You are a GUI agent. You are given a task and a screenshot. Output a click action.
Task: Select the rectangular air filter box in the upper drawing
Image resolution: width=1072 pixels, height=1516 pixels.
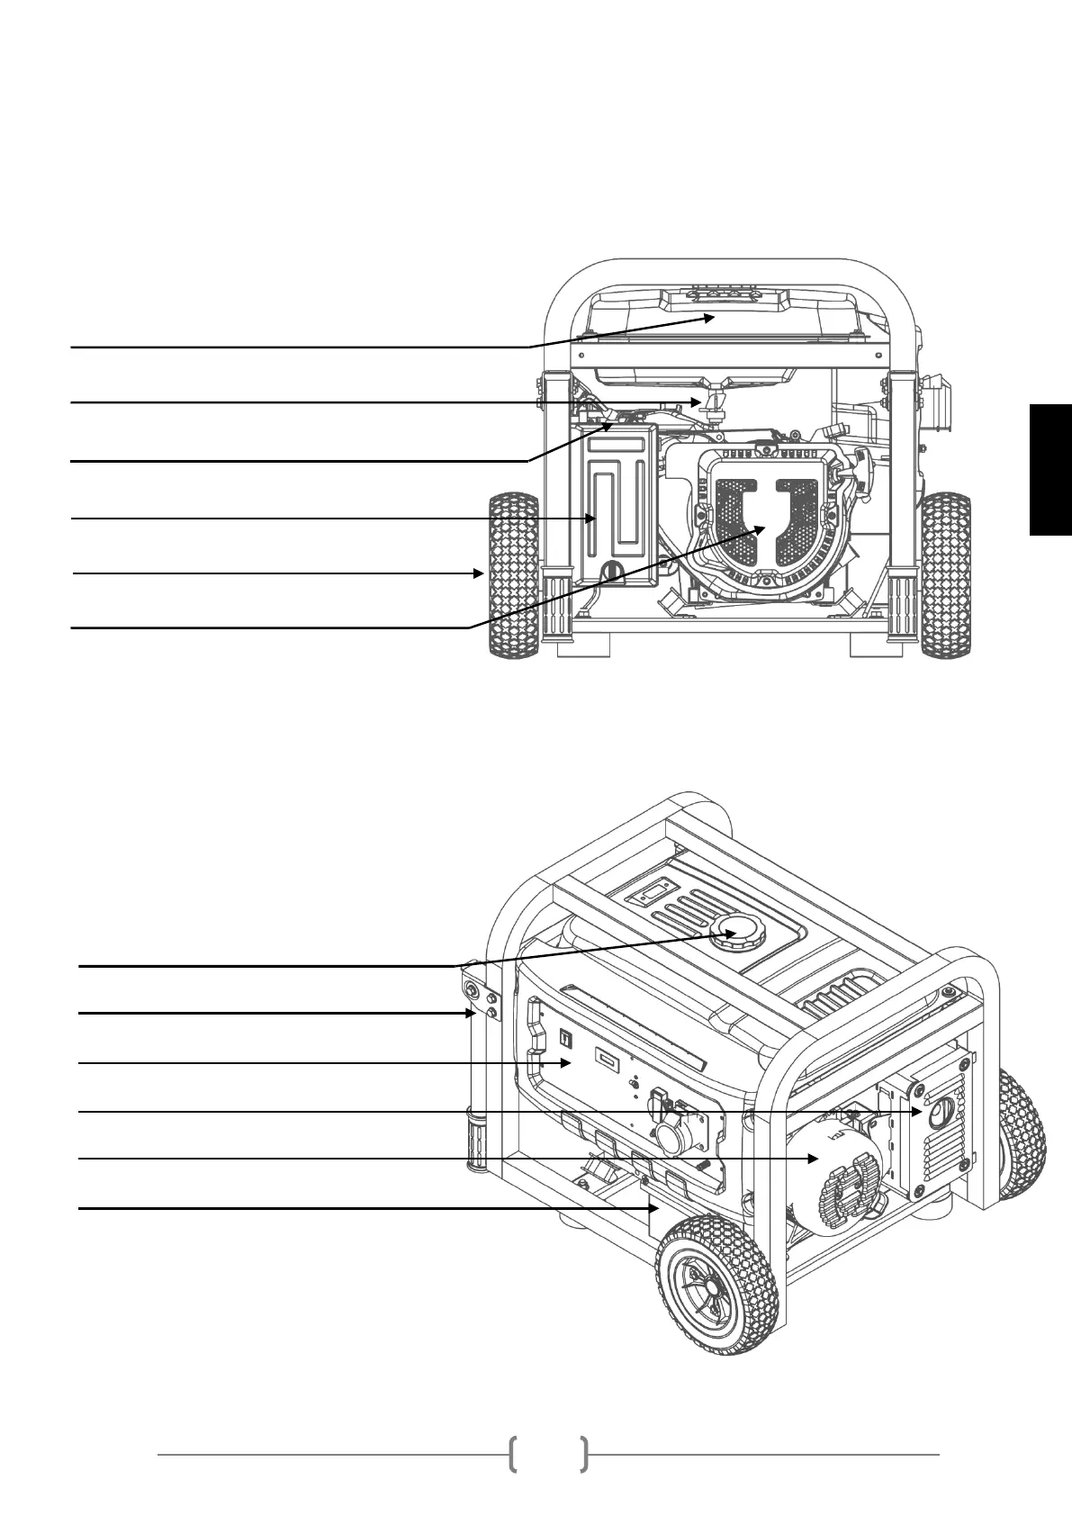pos(620,504)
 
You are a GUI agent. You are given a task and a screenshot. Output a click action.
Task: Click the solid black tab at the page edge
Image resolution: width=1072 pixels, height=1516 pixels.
pos(1050,469)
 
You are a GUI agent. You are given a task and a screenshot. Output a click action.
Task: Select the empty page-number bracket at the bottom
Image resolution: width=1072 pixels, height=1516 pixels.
pos(548,1454)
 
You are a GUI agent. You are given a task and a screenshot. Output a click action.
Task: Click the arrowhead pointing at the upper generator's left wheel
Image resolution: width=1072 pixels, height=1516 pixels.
pos(481,573)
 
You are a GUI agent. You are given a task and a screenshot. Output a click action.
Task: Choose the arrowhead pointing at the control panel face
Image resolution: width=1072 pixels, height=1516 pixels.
pos(568,1063)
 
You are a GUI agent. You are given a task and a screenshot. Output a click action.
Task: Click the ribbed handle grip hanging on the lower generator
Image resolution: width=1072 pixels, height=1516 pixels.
pos(474,1139)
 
